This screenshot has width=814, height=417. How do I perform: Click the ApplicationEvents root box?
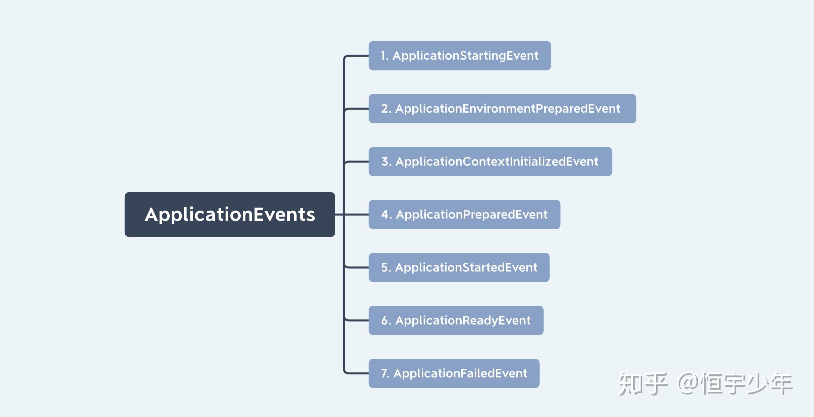pos(230,215)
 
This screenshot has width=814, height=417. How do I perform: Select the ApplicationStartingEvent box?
pos(460,56)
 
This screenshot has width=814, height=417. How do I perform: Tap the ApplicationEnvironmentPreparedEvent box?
pos(502,109)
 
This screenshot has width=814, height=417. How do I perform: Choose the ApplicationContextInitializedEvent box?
pos(490,162)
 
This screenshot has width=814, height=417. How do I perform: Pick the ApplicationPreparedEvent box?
pos(464,215)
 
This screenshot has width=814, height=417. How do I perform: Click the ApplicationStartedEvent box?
pos(459,267)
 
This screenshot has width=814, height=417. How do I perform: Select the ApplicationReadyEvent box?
pos(456,320)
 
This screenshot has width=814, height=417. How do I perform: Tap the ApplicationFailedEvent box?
pos(454,373)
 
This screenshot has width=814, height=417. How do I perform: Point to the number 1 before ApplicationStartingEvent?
pos(383,56)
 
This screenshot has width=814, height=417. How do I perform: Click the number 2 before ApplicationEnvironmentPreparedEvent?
pos(385,109)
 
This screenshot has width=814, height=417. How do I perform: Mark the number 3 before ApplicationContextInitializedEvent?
pos(385,162)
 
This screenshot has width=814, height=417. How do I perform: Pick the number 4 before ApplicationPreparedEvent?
pos(385,215)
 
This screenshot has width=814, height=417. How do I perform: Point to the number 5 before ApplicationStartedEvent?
pos(385,267)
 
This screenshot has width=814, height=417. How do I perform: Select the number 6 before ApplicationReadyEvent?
pos(385,320)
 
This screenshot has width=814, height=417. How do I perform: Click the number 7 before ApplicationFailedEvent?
pos(384,373)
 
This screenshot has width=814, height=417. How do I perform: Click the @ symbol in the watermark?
pos(688,383)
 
